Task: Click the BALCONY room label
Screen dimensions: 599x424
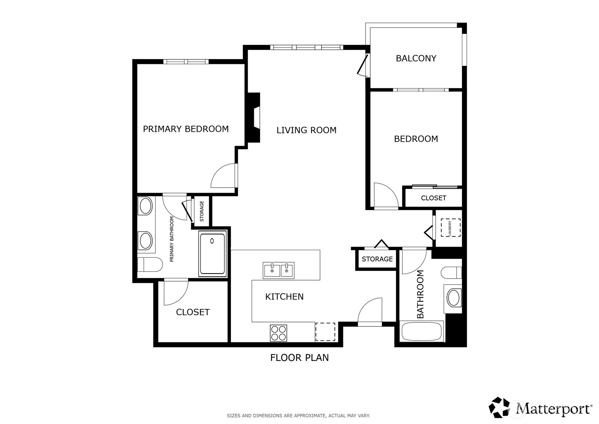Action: coord(416,58)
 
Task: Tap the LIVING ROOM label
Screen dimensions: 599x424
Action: coord(306,130)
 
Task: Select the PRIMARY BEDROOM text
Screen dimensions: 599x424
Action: coord(186,129)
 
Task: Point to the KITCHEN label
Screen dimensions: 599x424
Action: coord(284,297)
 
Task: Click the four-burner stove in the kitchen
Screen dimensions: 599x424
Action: coord(278,333)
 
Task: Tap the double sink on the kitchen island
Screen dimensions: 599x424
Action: coord(278,271)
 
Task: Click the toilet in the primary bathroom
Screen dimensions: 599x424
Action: coord(150,264)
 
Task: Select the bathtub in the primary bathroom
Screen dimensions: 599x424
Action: coord(213,254)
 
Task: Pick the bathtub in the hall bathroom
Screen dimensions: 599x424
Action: coord(422,331)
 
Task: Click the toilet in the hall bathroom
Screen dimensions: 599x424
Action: coord(451,273)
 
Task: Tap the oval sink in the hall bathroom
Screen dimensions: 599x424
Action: coord(454,298)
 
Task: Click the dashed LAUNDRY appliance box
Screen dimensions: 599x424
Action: coord(451,228)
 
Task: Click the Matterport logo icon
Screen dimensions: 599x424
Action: coord(499,407)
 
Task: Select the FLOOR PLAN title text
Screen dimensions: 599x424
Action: coord(299,358)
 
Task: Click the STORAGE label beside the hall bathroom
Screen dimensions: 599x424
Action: coord(377,259)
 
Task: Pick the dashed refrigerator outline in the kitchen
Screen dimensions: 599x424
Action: coord(325,332)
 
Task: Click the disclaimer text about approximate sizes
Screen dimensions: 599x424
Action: coord(299,416)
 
